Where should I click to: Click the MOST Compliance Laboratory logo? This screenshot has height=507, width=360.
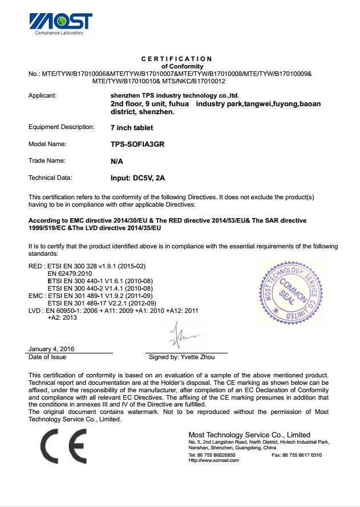point(60,22)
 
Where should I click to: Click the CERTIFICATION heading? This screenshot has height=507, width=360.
point(176,59)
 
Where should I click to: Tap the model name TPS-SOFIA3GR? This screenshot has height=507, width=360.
point(137,144)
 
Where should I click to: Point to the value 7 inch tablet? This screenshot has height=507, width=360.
point(132,128)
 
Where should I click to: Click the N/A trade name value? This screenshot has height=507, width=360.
point(117,162)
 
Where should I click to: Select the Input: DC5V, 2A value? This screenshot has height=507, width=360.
point(137,178)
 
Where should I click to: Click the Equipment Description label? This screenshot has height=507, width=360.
point(61,127)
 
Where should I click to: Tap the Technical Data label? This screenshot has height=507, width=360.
point(50,178)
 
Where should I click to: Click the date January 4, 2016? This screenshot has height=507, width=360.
point(51,349)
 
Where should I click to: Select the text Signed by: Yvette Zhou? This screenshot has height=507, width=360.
point(182,357)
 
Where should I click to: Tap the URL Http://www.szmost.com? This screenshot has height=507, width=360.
point(213,460)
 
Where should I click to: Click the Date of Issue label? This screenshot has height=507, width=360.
point(47,357)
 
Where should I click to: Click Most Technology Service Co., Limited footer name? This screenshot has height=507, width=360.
point(249,435)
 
